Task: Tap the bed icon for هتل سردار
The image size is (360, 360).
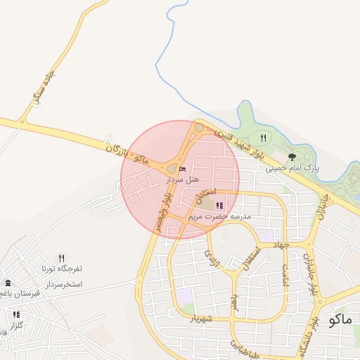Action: [183, 169]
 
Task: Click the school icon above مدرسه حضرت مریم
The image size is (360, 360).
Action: [219, 206]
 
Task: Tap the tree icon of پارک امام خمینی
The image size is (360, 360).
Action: [292, 157]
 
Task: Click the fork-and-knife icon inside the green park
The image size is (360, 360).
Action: [263, 139]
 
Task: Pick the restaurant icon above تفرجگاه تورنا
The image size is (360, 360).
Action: [61, 258]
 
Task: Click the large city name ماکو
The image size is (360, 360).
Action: [340, 320]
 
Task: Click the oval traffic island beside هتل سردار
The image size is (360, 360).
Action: [172, 168]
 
